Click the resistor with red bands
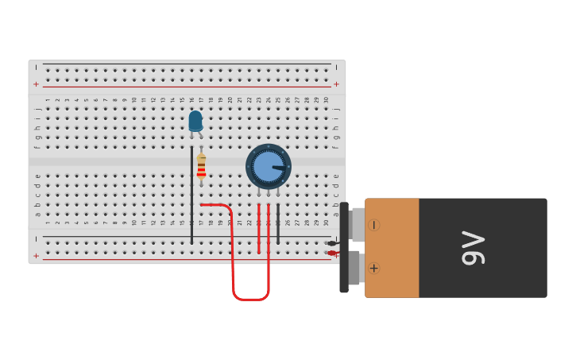click(x=201, y=167)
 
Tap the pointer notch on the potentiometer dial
click(x=279, y=168)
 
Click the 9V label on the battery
click(x=473, y=248)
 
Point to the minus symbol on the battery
click(x=373, y=225)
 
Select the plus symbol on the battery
click(x=373, y=269)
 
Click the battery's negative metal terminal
click(x=357, y=224)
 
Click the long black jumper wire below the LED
click(x=191, y=195)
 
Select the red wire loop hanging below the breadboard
click(x=249, y=298)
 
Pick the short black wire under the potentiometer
click(x=278, y=224)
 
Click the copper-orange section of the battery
click(x=392, y=248)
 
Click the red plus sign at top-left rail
click(x=36, y=83)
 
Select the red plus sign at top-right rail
click(x=336, y=83)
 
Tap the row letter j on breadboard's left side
click(x=37, y=109)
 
